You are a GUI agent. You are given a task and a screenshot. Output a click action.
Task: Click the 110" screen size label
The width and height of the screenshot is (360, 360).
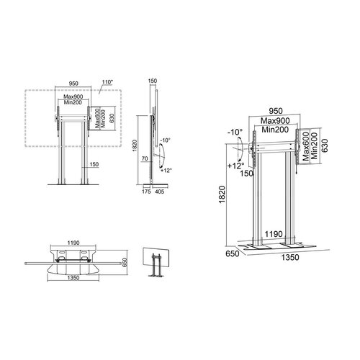pyautogui.click(x=107, y=84)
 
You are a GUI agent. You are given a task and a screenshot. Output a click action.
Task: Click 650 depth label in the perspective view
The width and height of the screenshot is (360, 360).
pyautogui.click(x=231, y=254)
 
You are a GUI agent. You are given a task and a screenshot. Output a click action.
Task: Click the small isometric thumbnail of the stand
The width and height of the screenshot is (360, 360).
pyautogui.click(x=153, y=263)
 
